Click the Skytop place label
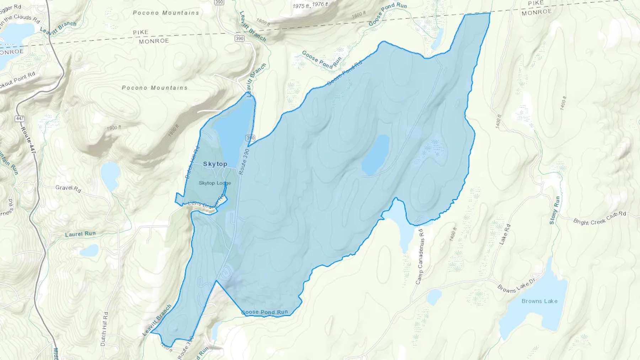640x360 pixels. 215,164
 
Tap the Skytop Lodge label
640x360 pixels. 215,183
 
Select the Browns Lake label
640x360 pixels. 539,301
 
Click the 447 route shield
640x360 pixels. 20,118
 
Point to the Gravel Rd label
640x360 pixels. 68,188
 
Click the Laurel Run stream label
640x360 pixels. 80,234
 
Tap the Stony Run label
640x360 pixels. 555,210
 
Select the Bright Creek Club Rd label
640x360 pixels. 599,217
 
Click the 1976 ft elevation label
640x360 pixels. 320,4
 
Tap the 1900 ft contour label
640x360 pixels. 114,127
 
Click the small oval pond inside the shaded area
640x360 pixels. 375,155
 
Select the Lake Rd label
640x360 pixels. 505,234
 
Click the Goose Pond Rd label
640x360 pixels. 344,73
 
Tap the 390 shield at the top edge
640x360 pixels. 219,2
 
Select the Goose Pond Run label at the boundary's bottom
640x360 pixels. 265,312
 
